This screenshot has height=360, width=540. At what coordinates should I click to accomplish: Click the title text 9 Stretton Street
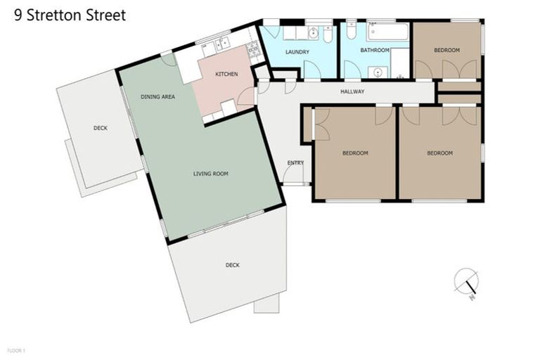click(x=70, y=15)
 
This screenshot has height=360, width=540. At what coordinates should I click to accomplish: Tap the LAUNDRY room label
click(x=297, y=52)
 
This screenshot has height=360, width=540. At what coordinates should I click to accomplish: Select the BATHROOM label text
click(x=375, y=50)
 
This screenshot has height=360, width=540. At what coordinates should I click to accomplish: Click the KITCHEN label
click(x=226, y=74)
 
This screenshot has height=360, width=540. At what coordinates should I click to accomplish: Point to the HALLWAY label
click(x=352, y=91)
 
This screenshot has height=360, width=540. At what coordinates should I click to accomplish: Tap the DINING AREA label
click(x=157, y=97)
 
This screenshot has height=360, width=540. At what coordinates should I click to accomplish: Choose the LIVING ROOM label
click(x=211, y=174)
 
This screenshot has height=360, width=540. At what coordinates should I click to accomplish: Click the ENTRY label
click(x=295, y=163)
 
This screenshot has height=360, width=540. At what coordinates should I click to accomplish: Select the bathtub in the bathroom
click(x=387, y=32)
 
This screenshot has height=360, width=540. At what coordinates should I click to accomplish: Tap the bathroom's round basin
click(x=378, y=71)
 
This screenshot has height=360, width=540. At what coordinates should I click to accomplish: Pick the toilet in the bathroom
click(x=351, y=32)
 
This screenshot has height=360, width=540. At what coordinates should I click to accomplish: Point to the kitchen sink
click(x=222, y=44)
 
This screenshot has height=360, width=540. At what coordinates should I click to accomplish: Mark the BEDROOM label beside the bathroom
click(x=446, y=50)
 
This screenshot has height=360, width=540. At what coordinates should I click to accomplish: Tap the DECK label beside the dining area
click(x=101, y=128)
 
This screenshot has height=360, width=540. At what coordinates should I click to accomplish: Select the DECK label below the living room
click(x=233, y=265)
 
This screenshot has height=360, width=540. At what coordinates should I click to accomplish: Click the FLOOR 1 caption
click(x=16, y=349)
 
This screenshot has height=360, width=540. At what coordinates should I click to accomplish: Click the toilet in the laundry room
click(x=328, y=33)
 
